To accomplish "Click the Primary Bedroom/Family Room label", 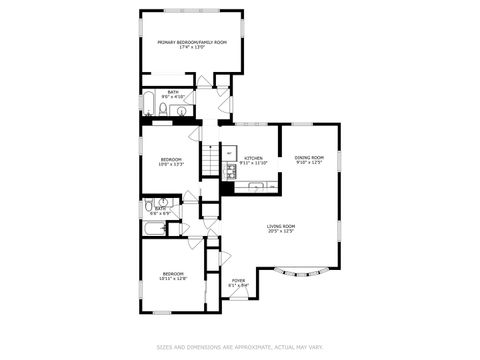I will coord(192,42).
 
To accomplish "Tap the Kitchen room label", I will coord(254,158).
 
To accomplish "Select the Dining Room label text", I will coord(309,157).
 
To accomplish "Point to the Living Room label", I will coord(280,226).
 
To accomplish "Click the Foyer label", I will coord(238,280).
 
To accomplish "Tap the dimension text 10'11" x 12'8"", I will coord(174,279).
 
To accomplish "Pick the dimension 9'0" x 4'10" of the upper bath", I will coord(173,97).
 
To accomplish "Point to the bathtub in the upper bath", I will coord(148,104).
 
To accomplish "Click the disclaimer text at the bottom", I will coord(239,347).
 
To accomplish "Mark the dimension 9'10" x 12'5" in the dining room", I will coord(309,163).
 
